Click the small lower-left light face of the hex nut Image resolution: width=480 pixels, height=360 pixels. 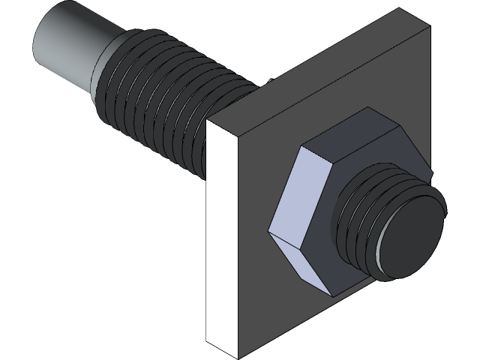click(289, 262)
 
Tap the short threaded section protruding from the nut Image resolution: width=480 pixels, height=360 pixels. click(360, 225)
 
